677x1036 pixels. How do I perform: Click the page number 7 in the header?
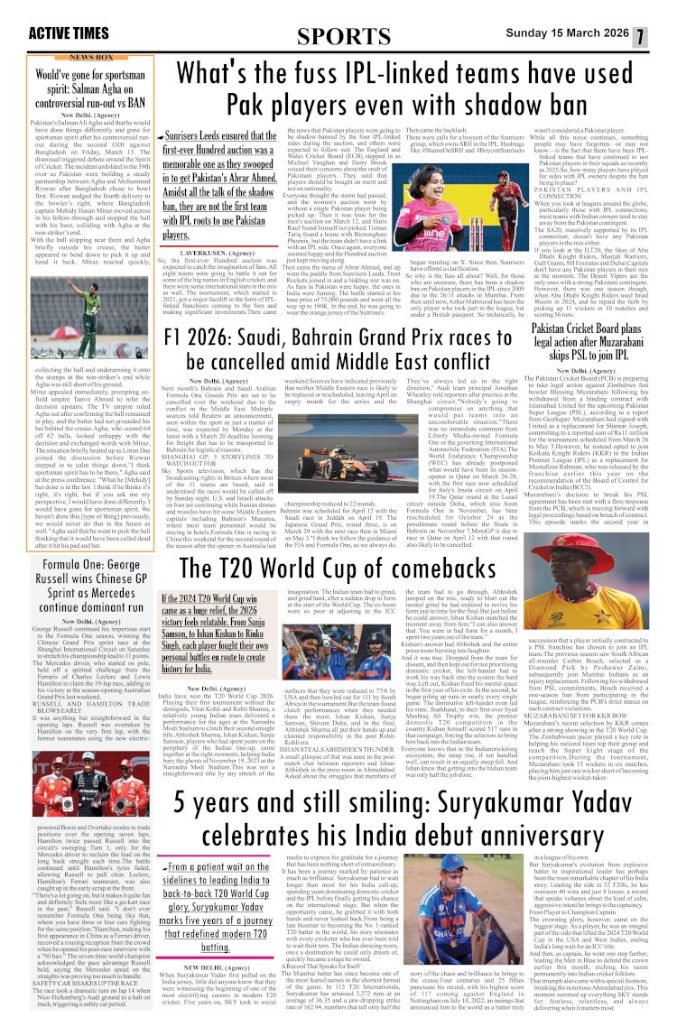pyautogui.click(x=663, y=36)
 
